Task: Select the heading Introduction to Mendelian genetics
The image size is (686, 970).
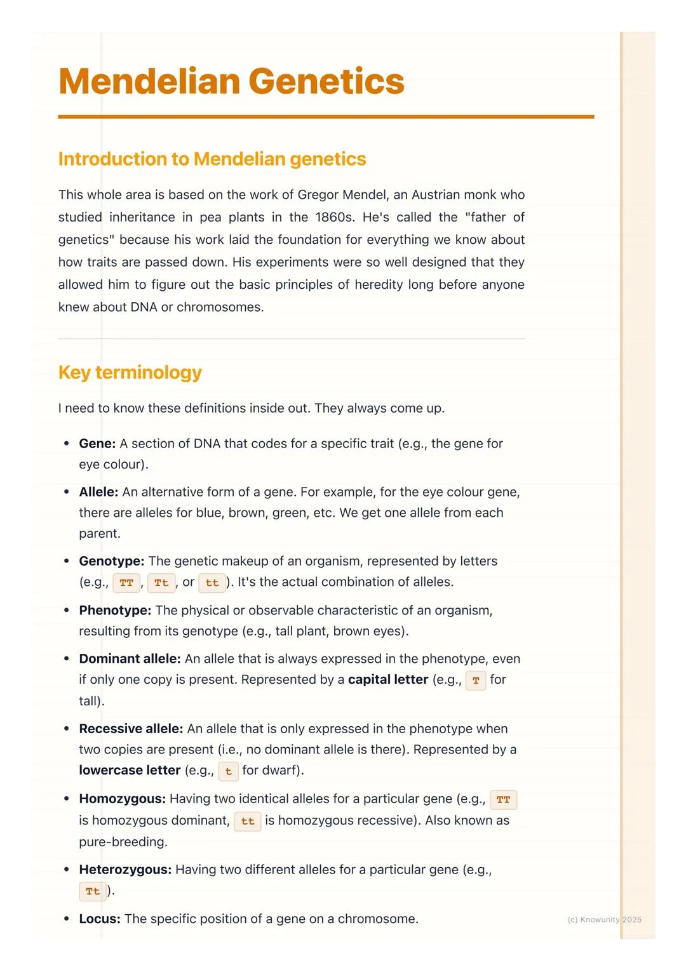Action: [x=212, y=159]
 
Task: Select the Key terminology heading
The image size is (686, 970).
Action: [x=130, y=372]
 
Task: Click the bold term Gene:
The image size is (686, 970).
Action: [x=97, y=444]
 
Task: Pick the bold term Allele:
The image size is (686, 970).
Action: [x=98, y=492]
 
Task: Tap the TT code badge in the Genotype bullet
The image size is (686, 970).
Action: [x=126, y=583]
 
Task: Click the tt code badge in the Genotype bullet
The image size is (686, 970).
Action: [x=212, y=583]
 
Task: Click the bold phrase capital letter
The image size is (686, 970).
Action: [x=388, y=679]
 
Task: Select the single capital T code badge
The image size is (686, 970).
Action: [x=476, y=681]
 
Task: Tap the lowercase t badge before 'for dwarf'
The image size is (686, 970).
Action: [x=229, y=771]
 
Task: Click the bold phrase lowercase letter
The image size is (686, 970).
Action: [x=130, y=770]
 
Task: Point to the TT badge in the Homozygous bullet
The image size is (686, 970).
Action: [x=503, y=800]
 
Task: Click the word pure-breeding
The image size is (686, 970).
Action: [x=123, y=842]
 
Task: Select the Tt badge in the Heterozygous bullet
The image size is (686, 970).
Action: [x=93, y=891]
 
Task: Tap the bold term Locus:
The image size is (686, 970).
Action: [x=100, y=919]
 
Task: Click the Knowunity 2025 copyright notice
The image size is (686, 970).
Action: [x=604, y=919]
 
